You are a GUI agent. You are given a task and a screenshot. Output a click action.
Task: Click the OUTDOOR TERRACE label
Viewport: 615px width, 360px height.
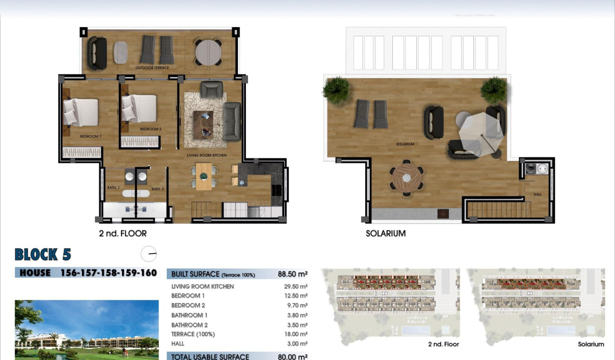pyautogui.click(x=152, y=68)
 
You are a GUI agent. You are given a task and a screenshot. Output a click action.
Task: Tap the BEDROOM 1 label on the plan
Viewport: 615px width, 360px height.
pyautogui.click(x=90, y=136)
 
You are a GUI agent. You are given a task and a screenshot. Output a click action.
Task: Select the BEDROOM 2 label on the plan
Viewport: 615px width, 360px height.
pyautogui.click(x=151, y=129)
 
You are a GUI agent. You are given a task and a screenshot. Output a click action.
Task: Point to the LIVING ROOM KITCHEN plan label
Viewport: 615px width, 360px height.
pyautogui.click(x=206, y=155)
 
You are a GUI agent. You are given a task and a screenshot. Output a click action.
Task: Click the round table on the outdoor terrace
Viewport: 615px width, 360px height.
pyautogui.click(x=208, y=52)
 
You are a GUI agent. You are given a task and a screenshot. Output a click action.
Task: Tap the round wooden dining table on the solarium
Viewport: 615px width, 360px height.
pyautogui.click(x=406, y=177)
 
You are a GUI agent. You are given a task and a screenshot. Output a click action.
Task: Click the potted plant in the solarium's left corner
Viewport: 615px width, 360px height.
pyautogui.click(x=336, y=90)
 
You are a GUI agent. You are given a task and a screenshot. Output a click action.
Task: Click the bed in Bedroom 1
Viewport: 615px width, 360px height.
pyautogui.click(x=81, y=112)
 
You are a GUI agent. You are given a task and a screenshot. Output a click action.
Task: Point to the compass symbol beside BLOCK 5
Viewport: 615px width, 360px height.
pyautogui.click(x=149, y=254)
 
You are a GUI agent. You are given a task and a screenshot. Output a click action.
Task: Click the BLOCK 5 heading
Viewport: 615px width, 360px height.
pyautogui.click(x=43, y=255)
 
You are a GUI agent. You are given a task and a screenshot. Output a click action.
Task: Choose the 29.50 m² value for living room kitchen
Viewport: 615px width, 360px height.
pyautogui.click(x=296, y=287)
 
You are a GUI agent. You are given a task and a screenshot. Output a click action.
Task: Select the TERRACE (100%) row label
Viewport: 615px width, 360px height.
pyautogui.click(x=189, y=334)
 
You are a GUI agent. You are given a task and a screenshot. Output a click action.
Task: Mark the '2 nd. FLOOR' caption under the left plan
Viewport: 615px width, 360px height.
pyautogui.click(x=123, y=234)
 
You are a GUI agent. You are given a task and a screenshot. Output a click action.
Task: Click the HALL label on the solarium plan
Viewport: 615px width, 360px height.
pyautogui.click(x=537, y=195)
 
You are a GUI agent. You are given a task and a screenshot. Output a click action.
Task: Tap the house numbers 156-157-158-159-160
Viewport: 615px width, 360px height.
pyautogui.click(x=108, y=273)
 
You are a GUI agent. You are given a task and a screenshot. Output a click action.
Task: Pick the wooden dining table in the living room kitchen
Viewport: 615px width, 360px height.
pyautogui.click(x=204, y=176)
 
